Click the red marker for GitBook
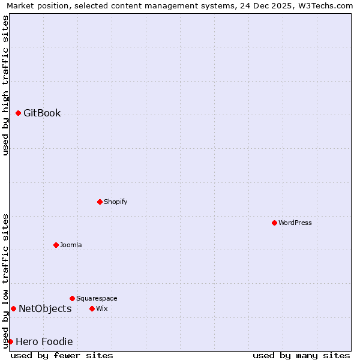pyautogui.click(x=19, y=113)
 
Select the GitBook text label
pyautogui.click(x=42, y=113)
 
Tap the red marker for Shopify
pyautogui.click(x=100, y=202)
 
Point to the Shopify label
pyautogui.click(x=115, y=202)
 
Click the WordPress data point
pyautogui.click(x=275, y=223)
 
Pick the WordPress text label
pyautogui.click(x=295, y=223)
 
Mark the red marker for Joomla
pyautogui.click(x=56, y=245)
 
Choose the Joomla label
pyautogui.click(x=71, y=245)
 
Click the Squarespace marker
pyautogui.click(x=73, y=298)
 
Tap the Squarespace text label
pyautogui.click(x=97, y=299)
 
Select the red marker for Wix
pyautogui.click(x=92, y=308)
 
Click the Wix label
pyautogui.click(x=102, y=309)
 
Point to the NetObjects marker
pyautogui.click(x=14, y=308)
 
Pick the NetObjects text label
pyautogui.click(x=45, y=309)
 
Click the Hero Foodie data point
pyautogui.click(x=11, y=341)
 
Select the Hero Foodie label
pyautogui.click(x=44, y=342)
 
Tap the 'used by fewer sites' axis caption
pyautogui.click(x=62, y=355)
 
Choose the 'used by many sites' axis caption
pyautogui.click(x=301, y=355)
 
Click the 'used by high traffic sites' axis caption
pyautogui.click(x=6, y=85)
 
